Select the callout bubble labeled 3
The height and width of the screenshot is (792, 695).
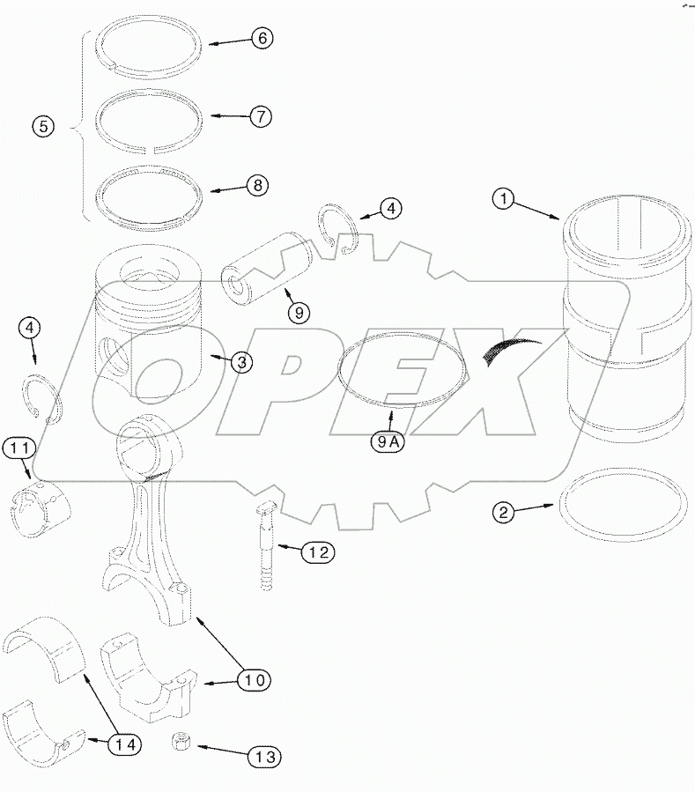pos(240,361)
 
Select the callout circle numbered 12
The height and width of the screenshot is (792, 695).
pos(318,552)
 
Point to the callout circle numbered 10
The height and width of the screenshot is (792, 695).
pos(254,679)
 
